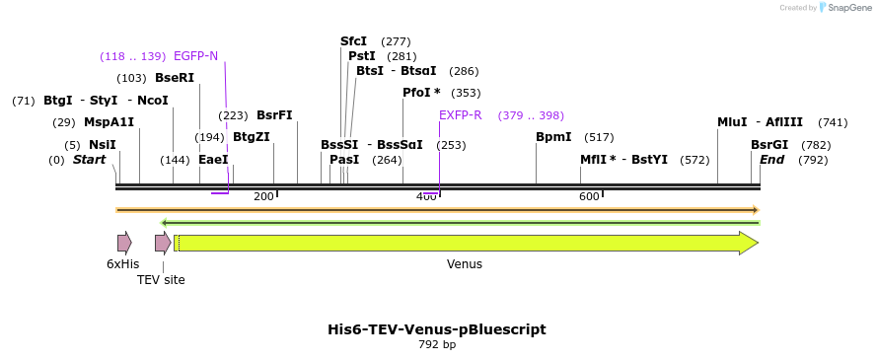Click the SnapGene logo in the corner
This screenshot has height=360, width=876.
841,8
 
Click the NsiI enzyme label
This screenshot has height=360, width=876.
103,145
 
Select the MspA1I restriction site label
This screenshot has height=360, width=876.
109,122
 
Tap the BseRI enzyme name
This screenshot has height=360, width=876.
175,78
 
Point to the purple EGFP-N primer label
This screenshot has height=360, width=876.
195,56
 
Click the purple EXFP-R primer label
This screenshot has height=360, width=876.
460,115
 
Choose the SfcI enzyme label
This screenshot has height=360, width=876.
353,41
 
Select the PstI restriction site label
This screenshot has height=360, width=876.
362,56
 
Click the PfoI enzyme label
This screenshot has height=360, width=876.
421,93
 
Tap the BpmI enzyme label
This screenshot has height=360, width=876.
553,137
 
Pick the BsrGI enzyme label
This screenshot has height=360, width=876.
769,145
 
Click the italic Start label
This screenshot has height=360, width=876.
89,160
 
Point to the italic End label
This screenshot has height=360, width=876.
771,160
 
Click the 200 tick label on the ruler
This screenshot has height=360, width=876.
263,197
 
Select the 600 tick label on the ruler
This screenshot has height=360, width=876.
589,197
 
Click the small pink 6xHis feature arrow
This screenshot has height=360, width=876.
124,244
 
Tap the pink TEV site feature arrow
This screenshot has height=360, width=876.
162,244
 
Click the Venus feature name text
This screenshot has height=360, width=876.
465,264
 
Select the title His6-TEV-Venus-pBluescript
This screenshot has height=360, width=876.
436,329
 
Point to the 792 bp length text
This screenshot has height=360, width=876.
437,345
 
